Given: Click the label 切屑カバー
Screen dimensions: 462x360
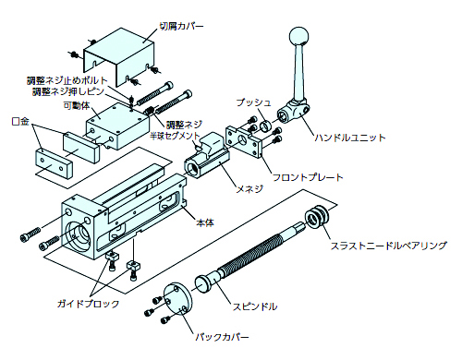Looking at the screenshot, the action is [x=181, y=26].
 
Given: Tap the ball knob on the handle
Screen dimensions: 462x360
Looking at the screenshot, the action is [x=299, y=36].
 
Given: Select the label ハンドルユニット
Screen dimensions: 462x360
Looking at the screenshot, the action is [x=349, y=138].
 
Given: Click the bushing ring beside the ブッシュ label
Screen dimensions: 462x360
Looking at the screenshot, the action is [x=266, y=126].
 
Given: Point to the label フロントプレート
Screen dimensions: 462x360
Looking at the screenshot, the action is [x=308, y=177].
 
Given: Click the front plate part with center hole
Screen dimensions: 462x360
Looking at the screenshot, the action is [x=244, y=141].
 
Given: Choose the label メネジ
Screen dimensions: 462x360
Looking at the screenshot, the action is [x=249, y=188].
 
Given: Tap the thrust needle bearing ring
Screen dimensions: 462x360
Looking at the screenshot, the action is [x=317, y=218].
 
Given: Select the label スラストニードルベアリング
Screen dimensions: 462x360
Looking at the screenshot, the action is [x=389, y=246].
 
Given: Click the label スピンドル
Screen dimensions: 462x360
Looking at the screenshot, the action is [x=255, y=306].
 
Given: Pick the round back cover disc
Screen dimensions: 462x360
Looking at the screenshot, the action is [x=177, y=298].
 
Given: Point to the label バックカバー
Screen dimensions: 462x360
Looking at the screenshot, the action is [x=222, y=337].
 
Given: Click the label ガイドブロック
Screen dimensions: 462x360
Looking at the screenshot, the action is [x=88, y=304].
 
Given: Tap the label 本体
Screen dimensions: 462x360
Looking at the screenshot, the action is [x=205, y=222].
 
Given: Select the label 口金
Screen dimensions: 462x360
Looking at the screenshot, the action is [x=20, y=121].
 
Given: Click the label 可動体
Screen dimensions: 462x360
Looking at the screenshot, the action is [x=77, y=105].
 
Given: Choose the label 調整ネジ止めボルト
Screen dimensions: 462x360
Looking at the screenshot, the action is [x=67, y=80].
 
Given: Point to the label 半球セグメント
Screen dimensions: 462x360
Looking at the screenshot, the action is [x=175, y=136].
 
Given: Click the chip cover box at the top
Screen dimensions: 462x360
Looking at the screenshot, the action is [x=119, y=57].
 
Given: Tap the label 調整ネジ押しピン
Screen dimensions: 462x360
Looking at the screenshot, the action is [x=68, y=91].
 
